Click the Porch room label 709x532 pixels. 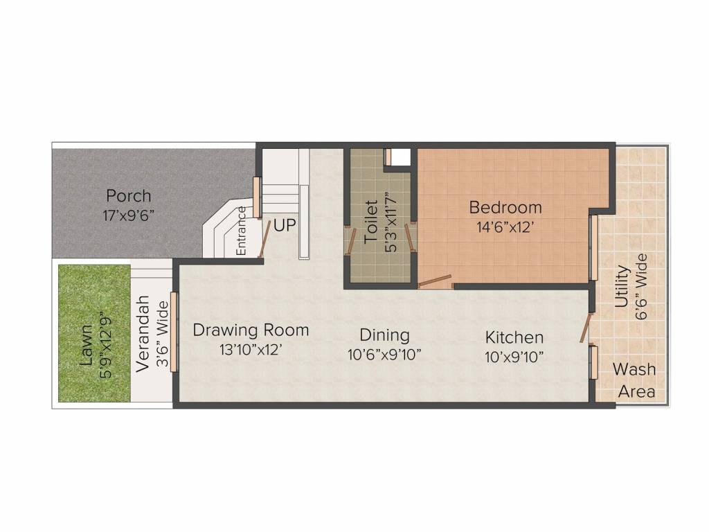click(128, 196)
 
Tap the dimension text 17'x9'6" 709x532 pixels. click(128, 215)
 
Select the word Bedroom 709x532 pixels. click(505, 207)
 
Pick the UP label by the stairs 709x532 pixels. click(285, 225)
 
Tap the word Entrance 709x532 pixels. click(241, 231)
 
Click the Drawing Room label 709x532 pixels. click(251, 330)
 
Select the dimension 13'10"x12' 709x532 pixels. click(251, 349)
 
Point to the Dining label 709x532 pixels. click(385, 336)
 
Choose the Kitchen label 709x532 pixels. click(514, 337)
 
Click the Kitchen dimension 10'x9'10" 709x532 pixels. click(514, 357)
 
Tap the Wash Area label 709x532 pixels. click(636, 380)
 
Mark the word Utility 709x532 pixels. click(622, 286)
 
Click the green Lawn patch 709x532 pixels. click(94, 333)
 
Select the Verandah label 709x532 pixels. click(143, 334)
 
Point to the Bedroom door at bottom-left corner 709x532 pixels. click(435, 281)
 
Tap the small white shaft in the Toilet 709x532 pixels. click(401, 157)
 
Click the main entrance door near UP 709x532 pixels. click(264, 239)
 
